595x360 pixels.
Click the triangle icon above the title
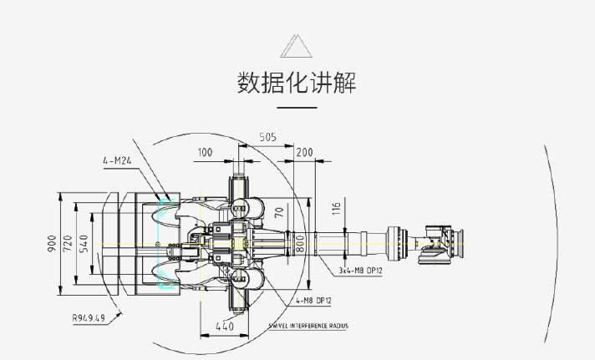click(x=297, y=46)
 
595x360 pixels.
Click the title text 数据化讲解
click(x=297, y=83)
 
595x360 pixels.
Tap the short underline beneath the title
click(x=297, y=108)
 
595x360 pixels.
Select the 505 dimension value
click(x=268, y=137)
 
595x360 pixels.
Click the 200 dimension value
click(x=304, y=152)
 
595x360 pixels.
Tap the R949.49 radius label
click(x=88, y=317)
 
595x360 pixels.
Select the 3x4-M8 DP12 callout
click(x=360, y=271)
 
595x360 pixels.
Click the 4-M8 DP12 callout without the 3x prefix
click(x=313, y=300)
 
